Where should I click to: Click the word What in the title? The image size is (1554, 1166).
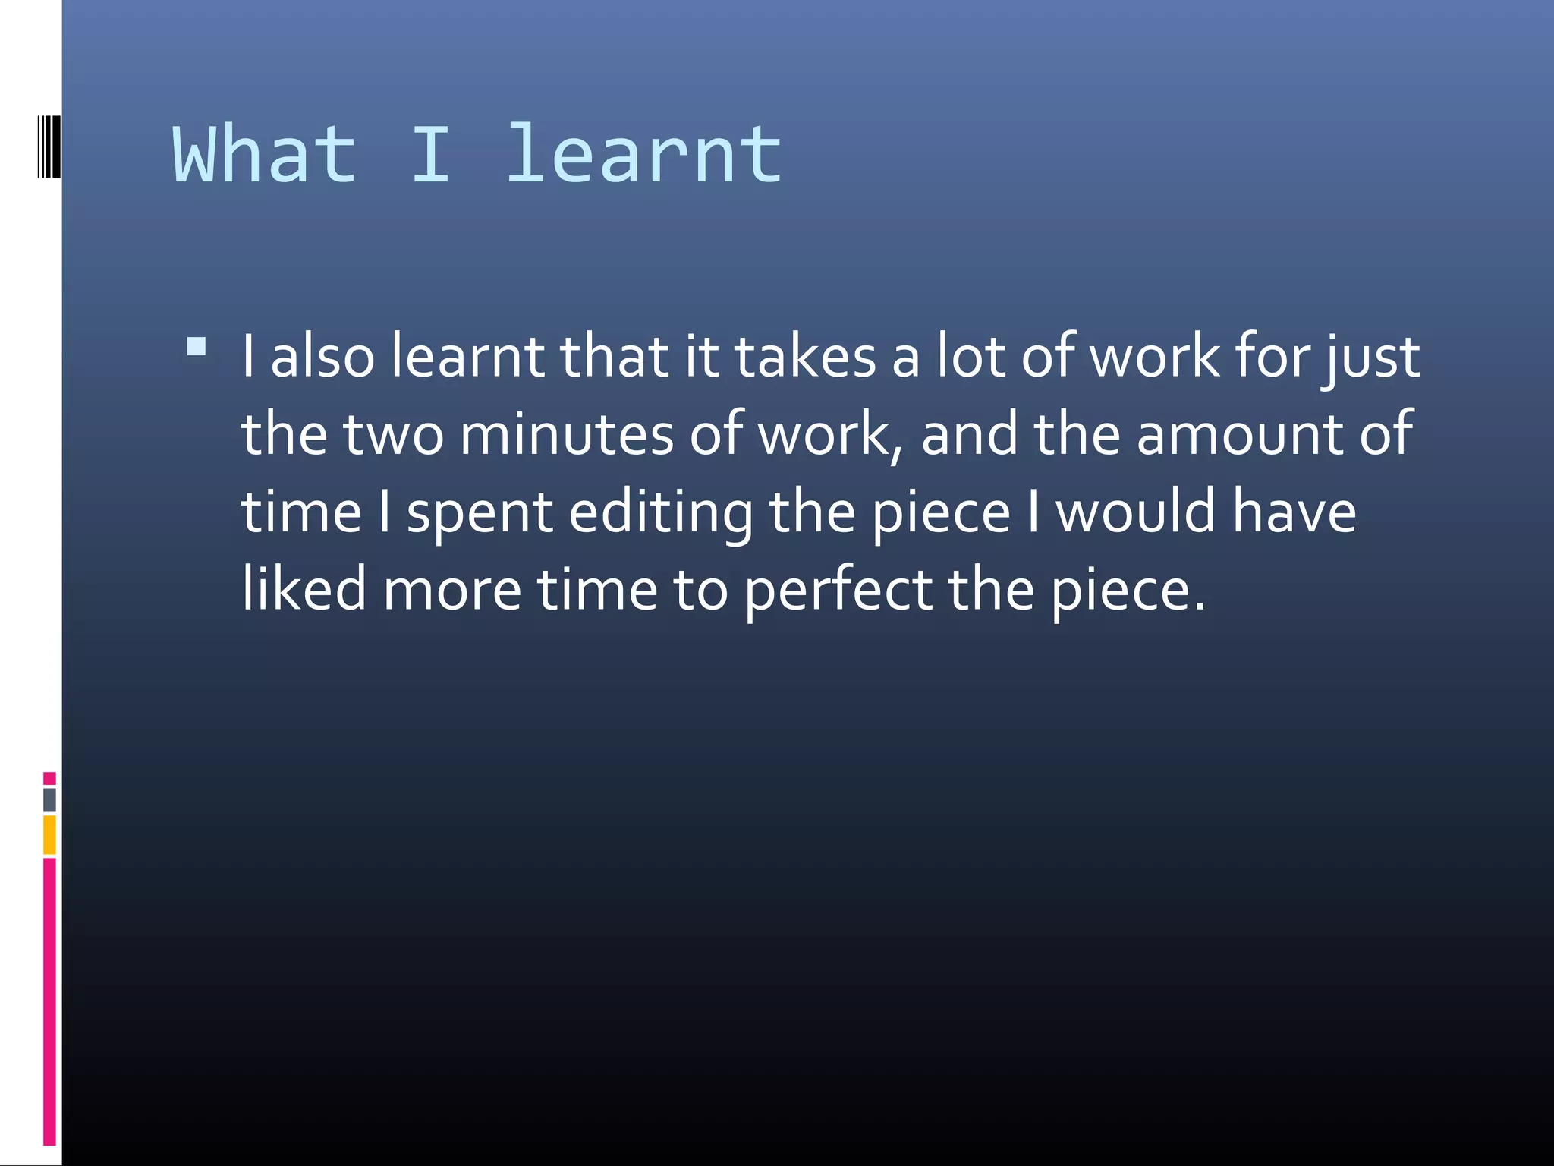click(264, 156)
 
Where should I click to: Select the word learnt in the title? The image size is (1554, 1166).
click(643, 156)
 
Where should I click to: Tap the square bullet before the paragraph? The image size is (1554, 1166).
click(197, 347)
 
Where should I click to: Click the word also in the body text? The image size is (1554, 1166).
click(322, 357)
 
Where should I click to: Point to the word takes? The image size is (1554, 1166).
click(805, 357)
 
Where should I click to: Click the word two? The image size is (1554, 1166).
click(393, 435)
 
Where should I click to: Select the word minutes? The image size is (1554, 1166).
click(566, 435)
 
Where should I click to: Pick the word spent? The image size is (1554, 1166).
click(480, 514)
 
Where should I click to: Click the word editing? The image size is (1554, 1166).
click(661, 514)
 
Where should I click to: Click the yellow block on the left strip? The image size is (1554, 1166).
click(50, 834)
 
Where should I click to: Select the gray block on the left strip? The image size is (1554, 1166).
click(50, 799)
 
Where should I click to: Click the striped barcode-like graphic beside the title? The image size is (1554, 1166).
click(49, 147)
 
